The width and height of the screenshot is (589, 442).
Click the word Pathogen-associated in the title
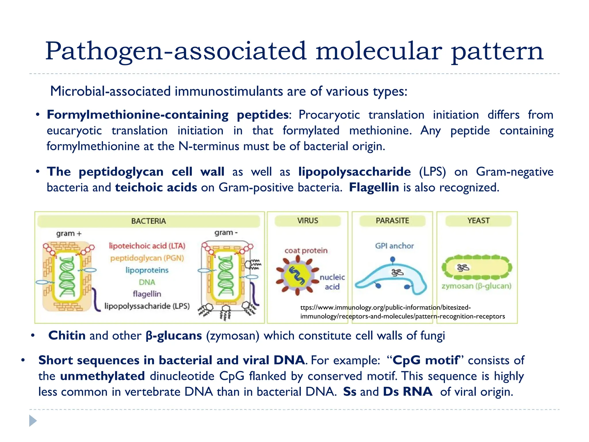point(176,51)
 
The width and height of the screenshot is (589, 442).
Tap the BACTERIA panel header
point(148,221)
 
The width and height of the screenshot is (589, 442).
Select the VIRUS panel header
point(307,221)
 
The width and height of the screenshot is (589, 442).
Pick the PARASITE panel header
point(392,221)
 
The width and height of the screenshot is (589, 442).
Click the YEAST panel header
point(478,221)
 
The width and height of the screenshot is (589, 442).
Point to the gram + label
point(69,233)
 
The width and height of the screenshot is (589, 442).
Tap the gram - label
point(226,233)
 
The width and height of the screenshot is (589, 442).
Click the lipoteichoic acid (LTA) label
point(147,246)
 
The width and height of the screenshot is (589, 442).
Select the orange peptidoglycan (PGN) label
point(147,258)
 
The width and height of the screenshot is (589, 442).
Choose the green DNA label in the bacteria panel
point(147,282)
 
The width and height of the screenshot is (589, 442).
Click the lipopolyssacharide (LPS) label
point(147,306)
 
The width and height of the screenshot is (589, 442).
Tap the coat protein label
point(306,251)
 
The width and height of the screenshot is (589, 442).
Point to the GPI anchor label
point(394,246)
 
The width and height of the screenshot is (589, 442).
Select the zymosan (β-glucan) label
point(477,286)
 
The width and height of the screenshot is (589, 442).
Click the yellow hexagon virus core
point(297,275)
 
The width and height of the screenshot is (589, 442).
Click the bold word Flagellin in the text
point(374,188)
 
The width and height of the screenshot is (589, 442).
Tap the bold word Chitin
point(67,336)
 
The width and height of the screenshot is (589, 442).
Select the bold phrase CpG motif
point(426,360)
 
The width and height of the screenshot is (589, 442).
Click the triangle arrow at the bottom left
point(33,421)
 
